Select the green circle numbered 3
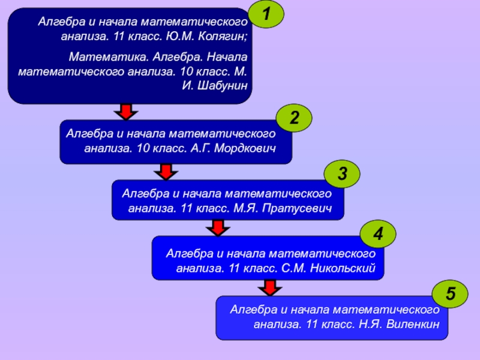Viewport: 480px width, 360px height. click(x=342, y=174)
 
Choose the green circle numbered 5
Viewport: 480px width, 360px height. click(x=450, y=294)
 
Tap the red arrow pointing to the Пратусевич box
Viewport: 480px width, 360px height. click(x=165, y=172)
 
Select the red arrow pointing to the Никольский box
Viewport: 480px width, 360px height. click(x=218, y=227)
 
